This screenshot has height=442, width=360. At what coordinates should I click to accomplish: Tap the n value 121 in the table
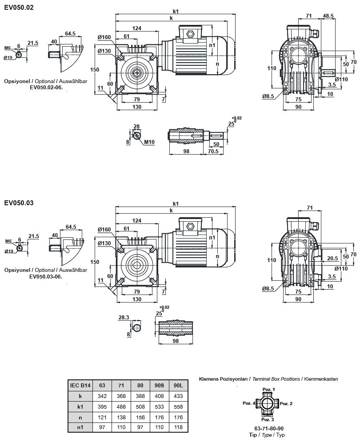click(102, 417)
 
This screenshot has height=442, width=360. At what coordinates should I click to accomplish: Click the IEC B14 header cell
click(80, 385)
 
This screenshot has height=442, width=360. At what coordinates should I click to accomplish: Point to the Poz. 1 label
click(268, 389)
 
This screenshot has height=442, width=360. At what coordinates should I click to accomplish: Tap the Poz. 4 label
click(249, 403)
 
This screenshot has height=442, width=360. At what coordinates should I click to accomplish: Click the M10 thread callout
click(149, 143)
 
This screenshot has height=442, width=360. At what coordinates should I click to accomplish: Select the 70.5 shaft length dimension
click(216, 151)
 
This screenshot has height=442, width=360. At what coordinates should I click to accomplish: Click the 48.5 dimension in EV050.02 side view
click(328, 16)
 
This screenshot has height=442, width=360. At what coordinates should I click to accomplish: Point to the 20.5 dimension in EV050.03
click(332, 258)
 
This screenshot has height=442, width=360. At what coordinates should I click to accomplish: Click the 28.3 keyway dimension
click(124, 318)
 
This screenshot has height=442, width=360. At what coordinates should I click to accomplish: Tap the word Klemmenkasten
click(321, 379)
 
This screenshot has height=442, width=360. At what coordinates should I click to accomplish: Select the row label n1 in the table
click(80, 427)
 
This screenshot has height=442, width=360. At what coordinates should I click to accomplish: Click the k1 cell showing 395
click(102, 406)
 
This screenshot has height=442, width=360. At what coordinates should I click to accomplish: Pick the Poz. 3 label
click(268, 419)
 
